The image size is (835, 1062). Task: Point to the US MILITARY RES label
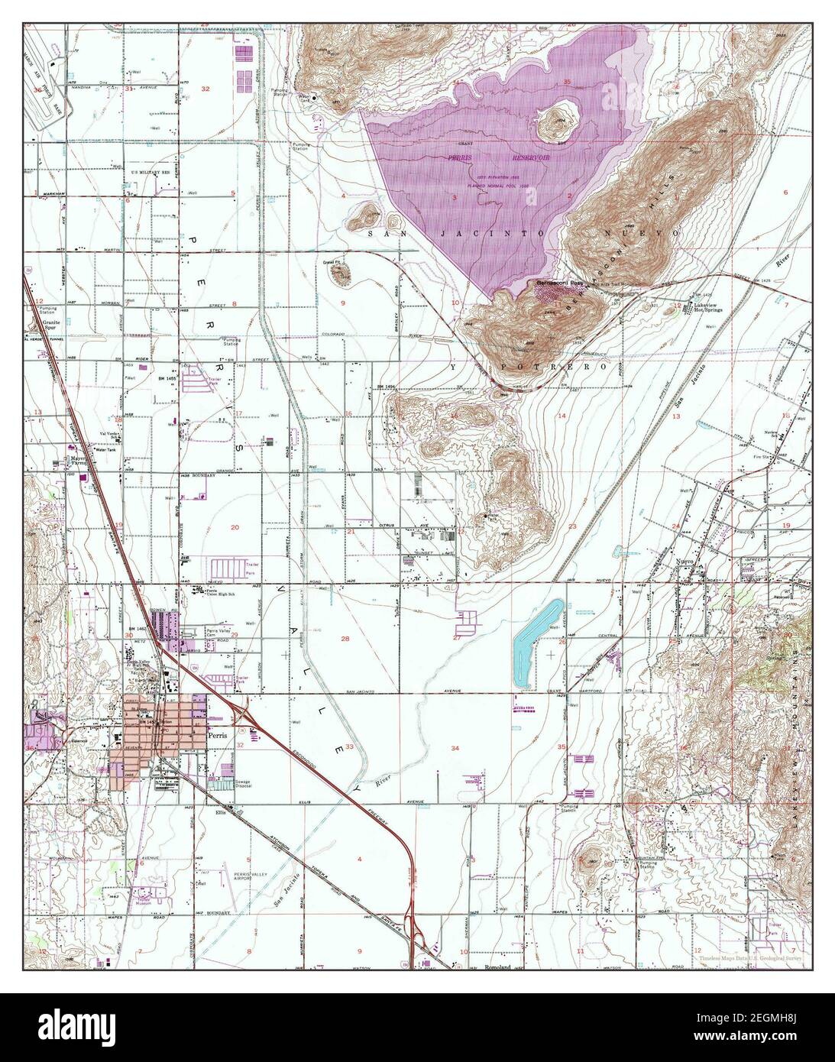click(149, 174)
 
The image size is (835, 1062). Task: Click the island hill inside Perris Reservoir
click(559, 121)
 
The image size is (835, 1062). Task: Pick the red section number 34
click(456, 746)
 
